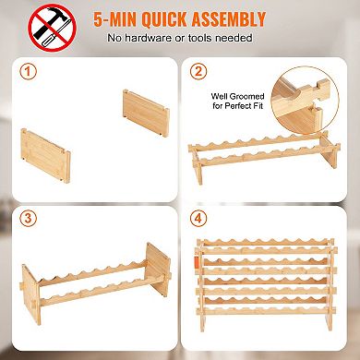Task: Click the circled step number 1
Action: point(28,72)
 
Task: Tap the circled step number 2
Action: point(198,71)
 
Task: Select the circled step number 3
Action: point(28,218)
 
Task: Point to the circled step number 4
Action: point(198,218)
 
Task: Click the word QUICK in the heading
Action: point(164,19)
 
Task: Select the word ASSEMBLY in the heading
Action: point(228,19)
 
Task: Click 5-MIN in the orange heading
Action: point(115,19)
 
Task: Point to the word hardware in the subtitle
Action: point(148,38)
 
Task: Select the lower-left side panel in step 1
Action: point(45,156)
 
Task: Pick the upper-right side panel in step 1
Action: point(146,113)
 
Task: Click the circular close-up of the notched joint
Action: point(305,101)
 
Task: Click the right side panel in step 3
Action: point(158,270)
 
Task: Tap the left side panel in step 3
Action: point(30,294)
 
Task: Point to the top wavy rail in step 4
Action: point(265,242)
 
